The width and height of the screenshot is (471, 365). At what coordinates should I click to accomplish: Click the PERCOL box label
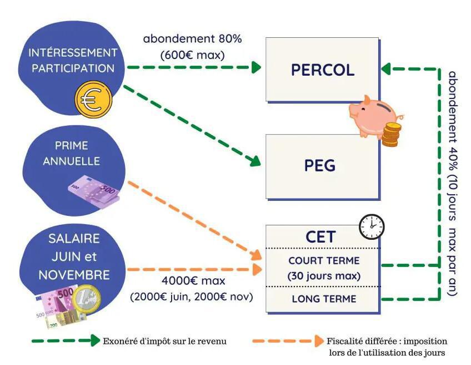322,70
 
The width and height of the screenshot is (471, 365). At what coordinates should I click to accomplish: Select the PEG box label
320,165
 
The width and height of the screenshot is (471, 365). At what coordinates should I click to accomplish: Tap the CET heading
320,236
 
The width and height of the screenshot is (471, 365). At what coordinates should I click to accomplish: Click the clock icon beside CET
371,226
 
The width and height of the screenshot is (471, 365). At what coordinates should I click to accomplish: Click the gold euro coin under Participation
93,100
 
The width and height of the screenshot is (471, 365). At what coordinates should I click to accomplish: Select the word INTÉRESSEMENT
73,53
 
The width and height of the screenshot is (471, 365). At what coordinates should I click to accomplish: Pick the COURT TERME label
324,260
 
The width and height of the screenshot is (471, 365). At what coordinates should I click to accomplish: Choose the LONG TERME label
324,299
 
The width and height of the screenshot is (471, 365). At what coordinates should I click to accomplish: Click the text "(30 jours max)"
324,275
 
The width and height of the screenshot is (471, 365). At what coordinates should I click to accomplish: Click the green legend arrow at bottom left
66,341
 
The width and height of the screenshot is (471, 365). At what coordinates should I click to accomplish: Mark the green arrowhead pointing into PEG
255,161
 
